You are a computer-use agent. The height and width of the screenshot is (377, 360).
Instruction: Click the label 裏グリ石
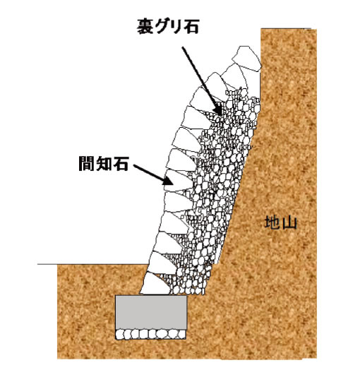coord(168,26)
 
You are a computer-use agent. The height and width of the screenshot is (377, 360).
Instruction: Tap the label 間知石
coord(103,164)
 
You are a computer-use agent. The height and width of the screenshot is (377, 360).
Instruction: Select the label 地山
coord(281,222)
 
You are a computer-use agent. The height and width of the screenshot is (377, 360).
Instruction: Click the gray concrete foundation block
coord(151,312)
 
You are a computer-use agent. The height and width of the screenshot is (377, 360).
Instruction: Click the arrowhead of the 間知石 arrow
coord(167,181)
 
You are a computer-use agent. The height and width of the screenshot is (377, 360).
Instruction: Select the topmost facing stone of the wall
coord(247,58)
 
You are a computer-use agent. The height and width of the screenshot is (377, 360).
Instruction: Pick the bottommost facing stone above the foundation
coord(155,284)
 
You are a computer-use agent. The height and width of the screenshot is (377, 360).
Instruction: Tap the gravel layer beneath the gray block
coord(151,334)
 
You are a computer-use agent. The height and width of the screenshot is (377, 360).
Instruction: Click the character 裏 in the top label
coord(145,26)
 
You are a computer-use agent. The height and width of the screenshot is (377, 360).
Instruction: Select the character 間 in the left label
coord(86,164)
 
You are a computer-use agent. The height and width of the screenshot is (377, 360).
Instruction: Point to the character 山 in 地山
coord(289,223)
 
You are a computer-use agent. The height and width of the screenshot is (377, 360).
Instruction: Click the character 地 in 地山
coord(272,222)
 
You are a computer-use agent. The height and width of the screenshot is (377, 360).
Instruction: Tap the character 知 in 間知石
coord(103,164)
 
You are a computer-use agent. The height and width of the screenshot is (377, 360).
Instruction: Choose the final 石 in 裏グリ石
coord(191,26)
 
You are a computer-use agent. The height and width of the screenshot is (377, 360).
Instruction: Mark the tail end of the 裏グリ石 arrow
coord(182,47)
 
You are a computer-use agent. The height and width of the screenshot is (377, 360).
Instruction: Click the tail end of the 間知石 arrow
coord(134,165)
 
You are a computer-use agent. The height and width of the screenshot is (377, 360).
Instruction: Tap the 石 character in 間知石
coord(120,164)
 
